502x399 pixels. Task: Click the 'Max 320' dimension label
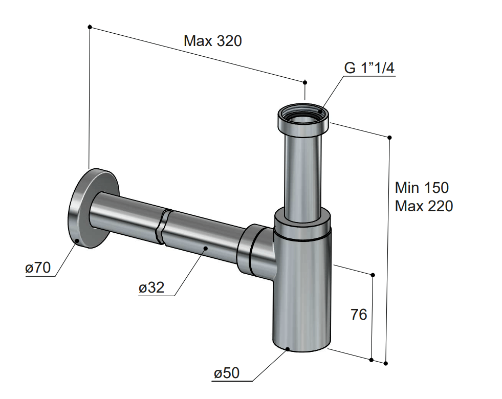212,41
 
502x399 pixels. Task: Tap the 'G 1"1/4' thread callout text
369,68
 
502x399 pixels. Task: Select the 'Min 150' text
422,188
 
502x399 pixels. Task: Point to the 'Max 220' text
424,206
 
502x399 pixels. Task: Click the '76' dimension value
359,315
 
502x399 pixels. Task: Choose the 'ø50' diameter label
227,373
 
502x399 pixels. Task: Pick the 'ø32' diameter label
151,287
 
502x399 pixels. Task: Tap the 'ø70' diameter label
38,268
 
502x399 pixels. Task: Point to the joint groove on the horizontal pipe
164,227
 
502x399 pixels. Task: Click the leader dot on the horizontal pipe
205,248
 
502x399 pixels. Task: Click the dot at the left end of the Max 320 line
90,27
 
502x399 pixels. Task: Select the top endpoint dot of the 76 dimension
373,275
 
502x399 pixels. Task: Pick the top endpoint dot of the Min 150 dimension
389,138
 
